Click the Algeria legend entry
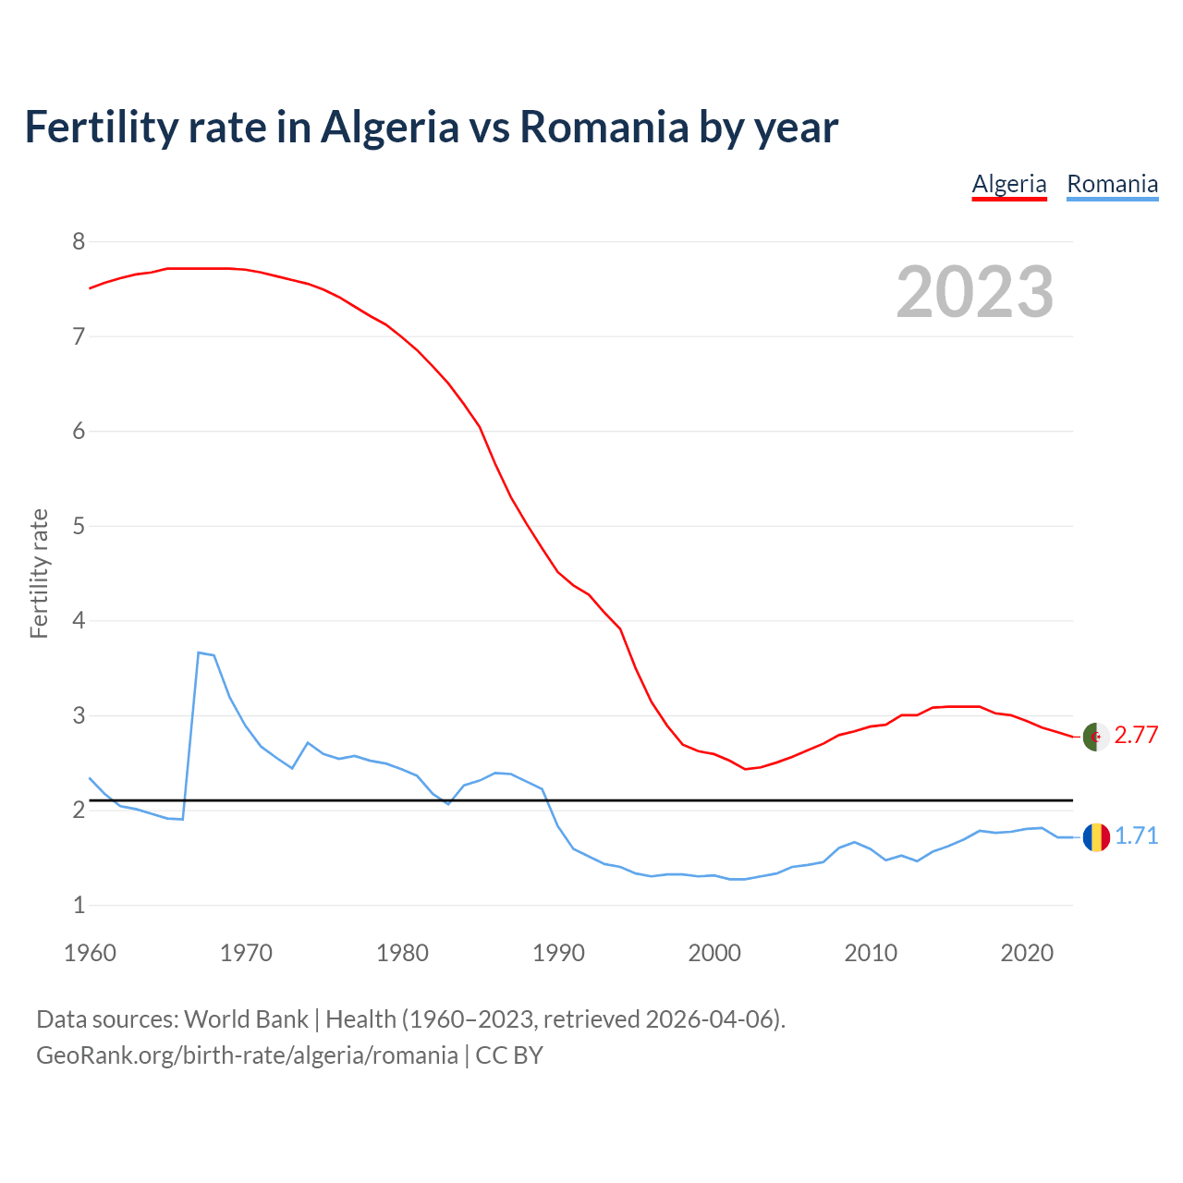(1009, 184)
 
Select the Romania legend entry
(1112, 184)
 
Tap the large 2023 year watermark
(975, 292)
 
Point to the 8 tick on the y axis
(79, 242)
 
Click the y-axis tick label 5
(79, 527)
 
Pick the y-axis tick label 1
(79, 906)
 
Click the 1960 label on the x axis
(90, 953)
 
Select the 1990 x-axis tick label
(558, 953)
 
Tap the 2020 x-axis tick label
(1027, 953)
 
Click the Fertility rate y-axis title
(39, 573)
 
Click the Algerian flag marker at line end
(1096, 737)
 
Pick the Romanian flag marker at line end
(1096, 837)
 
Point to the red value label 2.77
(1136, 736)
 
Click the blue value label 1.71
(1136, 836)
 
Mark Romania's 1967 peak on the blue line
(199, 652)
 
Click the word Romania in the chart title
(604, 127)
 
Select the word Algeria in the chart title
(389, 127)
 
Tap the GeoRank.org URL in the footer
(247, 1055)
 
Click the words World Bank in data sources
(246, 1019)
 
